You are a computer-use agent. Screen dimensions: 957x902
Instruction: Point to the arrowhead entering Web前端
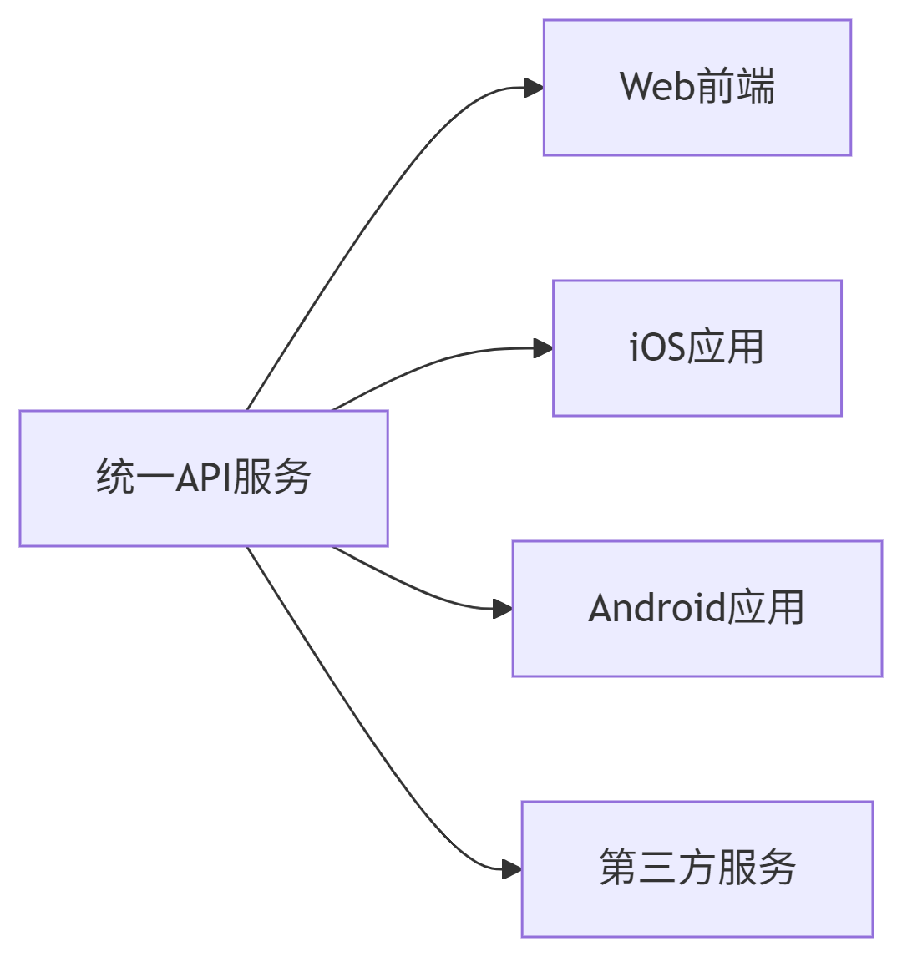point(534,88)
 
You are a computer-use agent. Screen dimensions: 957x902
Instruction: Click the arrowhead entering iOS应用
point(543,348)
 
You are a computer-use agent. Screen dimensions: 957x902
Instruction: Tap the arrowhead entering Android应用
point(503,609)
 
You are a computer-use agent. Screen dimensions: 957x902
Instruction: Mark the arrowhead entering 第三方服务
point(512,869)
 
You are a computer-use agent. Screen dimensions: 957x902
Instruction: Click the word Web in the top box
point(656,87)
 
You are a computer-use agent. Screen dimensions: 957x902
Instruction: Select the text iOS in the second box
point(656,348)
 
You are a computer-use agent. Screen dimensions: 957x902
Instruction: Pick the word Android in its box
point(656,608)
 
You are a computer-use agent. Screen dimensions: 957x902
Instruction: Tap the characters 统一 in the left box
point(135,478)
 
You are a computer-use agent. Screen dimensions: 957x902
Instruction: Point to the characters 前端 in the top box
point(736,87)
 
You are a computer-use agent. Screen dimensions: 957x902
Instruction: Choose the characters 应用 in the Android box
point(766,608)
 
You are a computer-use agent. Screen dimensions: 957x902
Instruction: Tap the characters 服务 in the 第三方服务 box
point(756,868)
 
